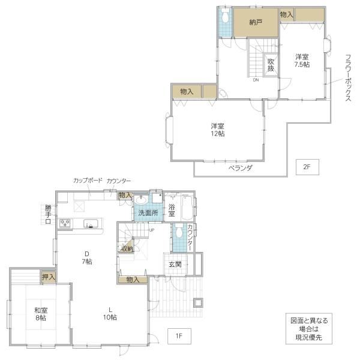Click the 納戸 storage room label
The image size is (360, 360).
tap(256, 23)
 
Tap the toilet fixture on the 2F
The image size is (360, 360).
tap(225, 16)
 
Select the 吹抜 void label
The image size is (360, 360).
tap(271, 65)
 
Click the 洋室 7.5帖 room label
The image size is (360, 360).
tap(302, 61)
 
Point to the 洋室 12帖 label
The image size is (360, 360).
tap(218, 130)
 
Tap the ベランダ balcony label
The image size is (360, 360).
tap(240, 168)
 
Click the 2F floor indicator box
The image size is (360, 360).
tap(307, 167)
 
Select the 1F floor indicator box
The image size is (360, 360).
tap(179, 336)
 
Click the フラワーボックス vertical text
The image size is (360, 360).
tap(348, 77)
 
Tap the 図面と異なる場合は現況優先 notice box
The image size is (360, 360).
tap(309, 329)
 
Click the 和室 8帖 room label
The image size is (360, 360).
tap(41, 314)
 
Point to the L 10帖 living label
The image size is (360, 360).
tap(110, 314)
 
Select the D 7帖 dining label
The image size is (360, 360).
tap(87, 257)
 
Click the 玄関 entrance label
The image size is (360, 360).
tap(175, 265)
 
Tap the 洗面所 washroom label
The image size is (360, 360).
tap(148, 213)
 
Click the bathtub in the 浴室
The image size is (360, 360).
tap(187, 208)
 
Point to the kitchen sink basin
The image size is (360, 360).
tap(91, 224)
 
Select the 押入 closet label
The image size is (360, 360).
tap(49, 277)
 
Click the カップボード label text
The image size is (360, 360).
tap(88, 181)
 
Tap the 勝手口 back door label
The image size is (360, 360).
tap(48, 215)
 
